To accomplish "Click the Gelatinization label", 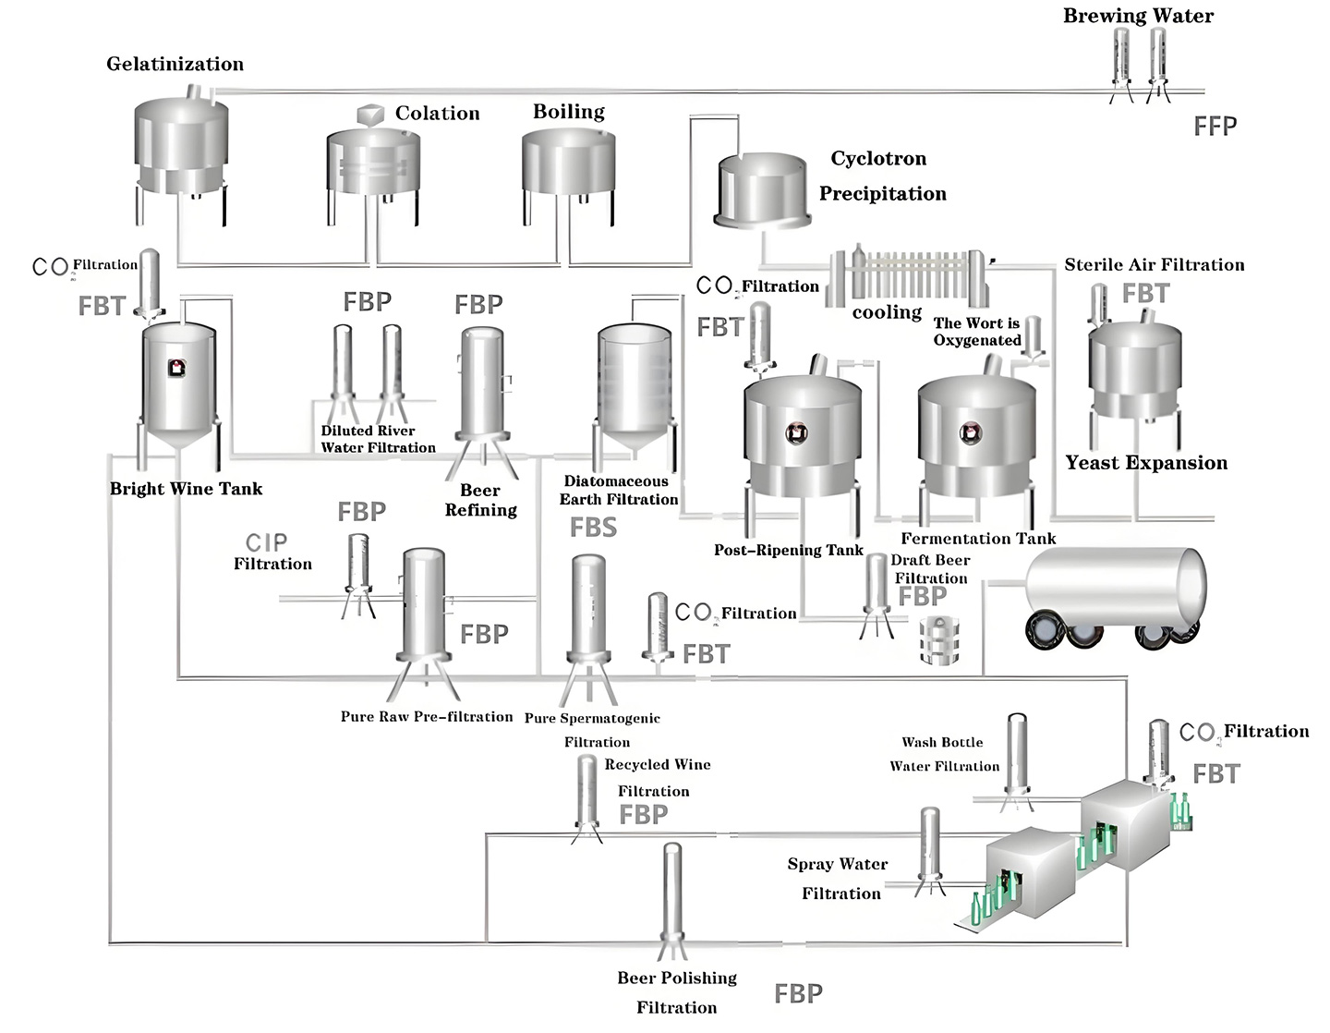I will pyautogui.click(x=175, y=64).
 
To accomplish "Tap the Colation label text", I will pyautogui.click(x=437, y=113).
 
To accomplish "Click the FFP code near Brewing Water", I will pyautogui.click(x=1215, y=126).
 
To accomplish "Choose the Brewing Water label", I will pyautogui.click(x=1138, y=16).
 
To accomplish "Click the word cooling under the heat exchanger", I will pyautogui.click(x=887, y=312).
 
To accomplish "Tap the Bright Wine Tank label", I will pyautogui.click(x=186, y=489).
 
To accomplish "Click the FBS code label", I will pyautogui.click(x=593, y=528).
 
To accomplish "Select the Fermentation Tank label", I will pyautogui.click(x=978, y=538).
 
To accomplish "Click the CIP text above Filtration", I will pyautogui.click(x=266, y=542).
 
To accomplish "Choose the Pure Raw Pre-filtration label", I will pyautogui.click(x=426, y=716).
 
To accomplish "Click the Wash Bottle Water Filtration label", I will pyautogui.click(x=943, y=754).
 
